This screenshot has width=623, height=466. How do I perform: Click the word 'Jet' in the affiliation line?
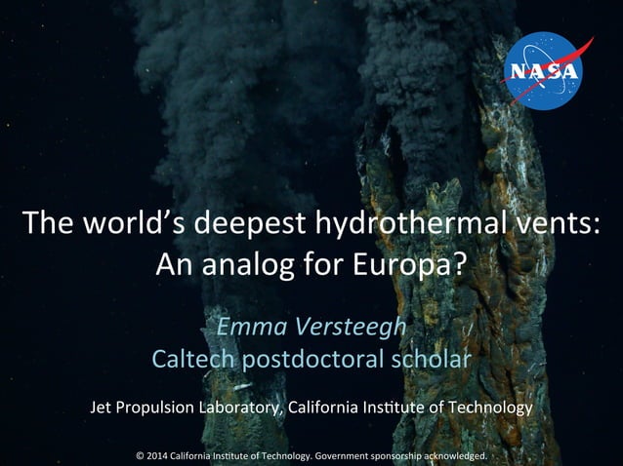(x=101, y=406)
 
